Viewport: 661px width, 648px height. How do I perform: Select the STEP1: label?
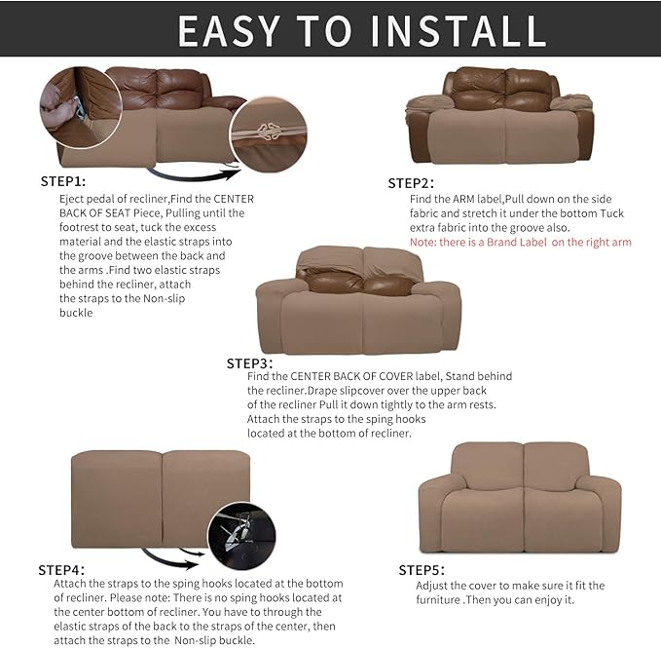(x=63, y=181)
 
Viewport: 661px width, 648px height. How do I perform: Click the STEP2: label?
(x=411, y=183)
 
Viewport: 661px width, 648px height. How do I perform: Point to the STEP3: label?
(x=250, y=362)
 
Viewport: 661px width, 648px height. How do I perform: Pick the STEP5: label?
(x=422, y=570)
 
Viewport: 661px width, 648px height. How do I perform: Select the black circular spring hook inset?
(x=241, y=537)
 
